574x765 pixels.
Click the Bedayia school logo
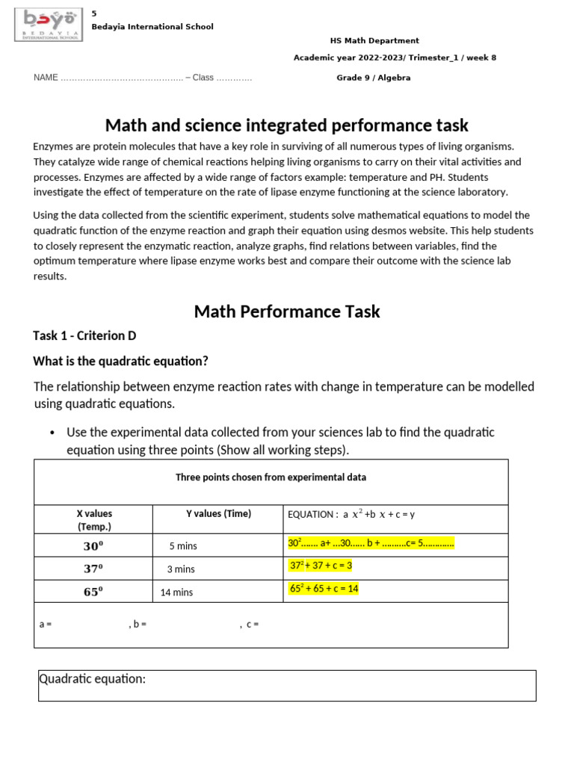pos(49,25)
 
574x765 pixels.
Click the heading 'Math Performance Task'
pos(287,311)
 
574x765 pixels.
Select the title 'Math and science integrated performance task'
pos(287,125)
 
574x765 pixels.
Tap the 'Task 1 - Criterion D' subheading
pos(84,335)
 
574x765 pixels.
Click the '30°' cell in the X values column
pos(93,546)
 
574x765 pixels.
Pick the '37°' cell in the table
pos(93,569)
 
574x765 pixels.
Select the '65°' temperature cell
pos(93,592)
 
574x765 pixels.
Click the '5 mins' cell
pos(183,546)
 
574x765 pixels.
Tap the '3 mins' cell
pos(181,569)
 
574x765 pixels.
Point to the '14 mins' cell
pos(176,592)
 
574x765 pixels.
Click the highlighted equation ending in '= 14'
pos(324,589)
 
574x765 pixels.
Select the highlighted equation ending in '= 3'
pos(321,566)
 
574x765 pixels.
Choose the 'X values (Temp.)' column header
pos(94,520)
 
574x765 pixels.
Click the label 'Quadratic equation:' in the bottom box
pos(93,679)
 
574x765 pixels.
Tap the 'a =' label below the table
pos(46,624)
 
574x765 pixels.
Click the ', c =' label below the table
pos(250,624)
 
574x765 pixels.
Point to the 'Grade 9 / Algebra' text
pos(373,78)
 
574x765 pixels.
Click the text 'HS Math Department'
pos(374,41)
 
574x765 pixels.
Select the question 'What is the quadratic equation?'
pos(120,362)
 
